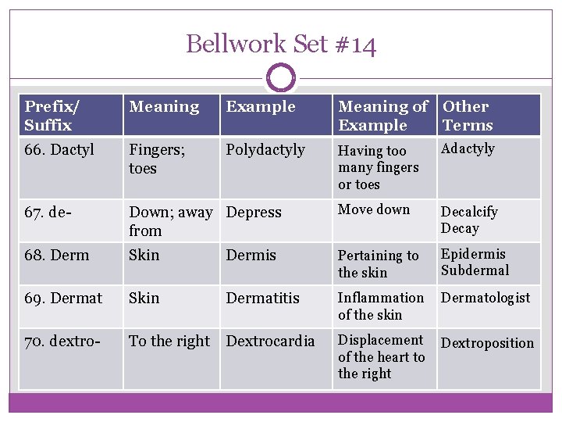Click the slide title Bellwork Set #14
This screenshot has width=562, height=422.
pos(281,44)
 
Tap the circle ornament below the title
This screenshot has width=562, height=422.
pos(281,78)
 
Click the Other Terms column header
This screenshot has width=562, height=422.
pos(468,116)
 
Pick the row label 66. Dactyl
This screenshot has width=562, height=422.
pos(59,149)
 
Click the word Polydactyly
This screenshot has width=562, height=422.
pos(265,149)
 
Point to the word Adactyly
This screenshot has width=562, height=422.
pos(468,148)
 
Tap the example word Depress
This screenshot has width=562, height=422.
pos(254,213)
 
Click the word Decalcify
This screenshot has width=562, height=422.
pos(469,211)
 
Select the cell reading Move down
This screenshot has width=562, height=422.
pos(374,209)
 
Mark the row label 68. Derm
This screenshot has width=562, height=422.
pos(57,255)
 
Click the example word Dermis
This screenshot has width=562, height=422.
pos(251,255)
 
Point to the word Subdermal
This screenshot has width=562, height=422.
pos(475,270)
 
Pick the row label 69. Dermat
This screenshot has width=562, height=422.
pos(63,298)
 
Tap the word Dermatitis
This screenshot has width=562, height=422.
pos(263,298)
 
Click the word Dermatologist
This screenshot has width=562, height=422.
pos(486,298)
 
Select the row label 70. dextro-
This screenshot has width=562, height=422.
pos(62,341)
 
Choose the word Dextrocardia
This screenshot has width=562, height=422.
pos(271,341)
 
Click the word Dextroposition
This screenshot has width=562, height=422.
pos(488,342)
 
